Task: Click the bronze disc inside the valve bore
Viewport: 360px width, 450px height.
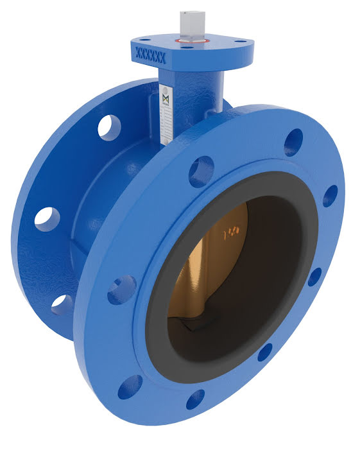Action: pos(212,270)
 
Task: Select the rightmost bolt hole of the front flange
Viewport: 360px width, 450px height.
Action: pos(330,195)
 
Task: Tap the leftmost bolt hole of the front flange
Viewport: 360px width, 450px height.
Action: pos(121,290)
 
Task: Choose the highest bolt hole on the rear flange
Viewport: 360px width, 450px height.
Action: pos(109,126)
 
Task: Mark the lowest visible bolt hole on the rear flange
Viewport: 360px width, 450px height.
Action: pos(62,304)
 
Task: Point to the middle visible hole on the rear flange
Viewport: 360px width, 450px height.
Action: pos(47,218)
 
